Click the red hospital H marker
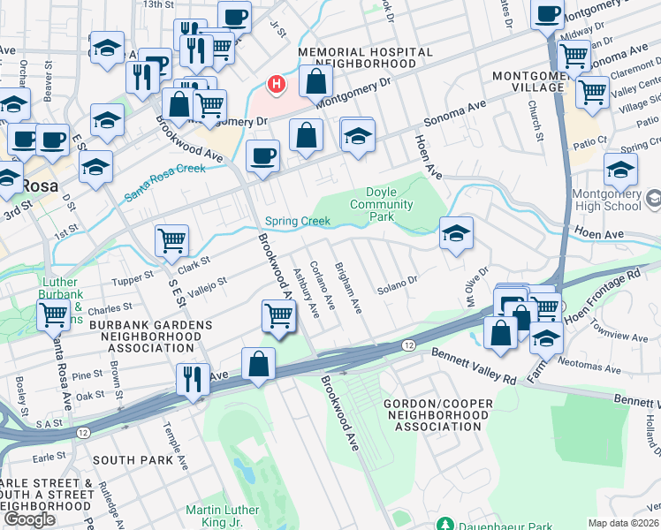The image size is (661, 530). coord(277,85)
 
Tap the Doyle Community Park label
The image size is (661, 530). coord(389,204)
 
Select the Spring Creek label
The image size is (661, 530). coord(298,222)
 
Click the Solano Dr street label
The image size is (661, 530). coord(397,287)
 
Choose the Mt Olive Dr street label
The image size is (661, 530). coord(472,282)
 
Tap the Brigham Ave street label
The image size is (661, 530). coord(348,287)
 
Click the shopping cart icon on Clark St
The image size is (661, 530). coord(171,239)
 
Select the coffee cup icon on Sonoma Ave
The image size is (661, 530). coord(262,155)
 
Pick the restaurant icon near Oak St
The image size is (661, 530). coord(192,379)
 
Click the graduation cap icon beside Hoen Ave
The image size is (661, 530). coord(456,233)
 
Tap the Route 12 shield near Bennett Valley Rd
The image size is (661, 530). coord(408,344)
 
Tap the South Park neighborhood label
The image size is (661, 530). coord(126,460)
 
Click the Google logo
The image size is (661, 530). coord(30,519)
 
